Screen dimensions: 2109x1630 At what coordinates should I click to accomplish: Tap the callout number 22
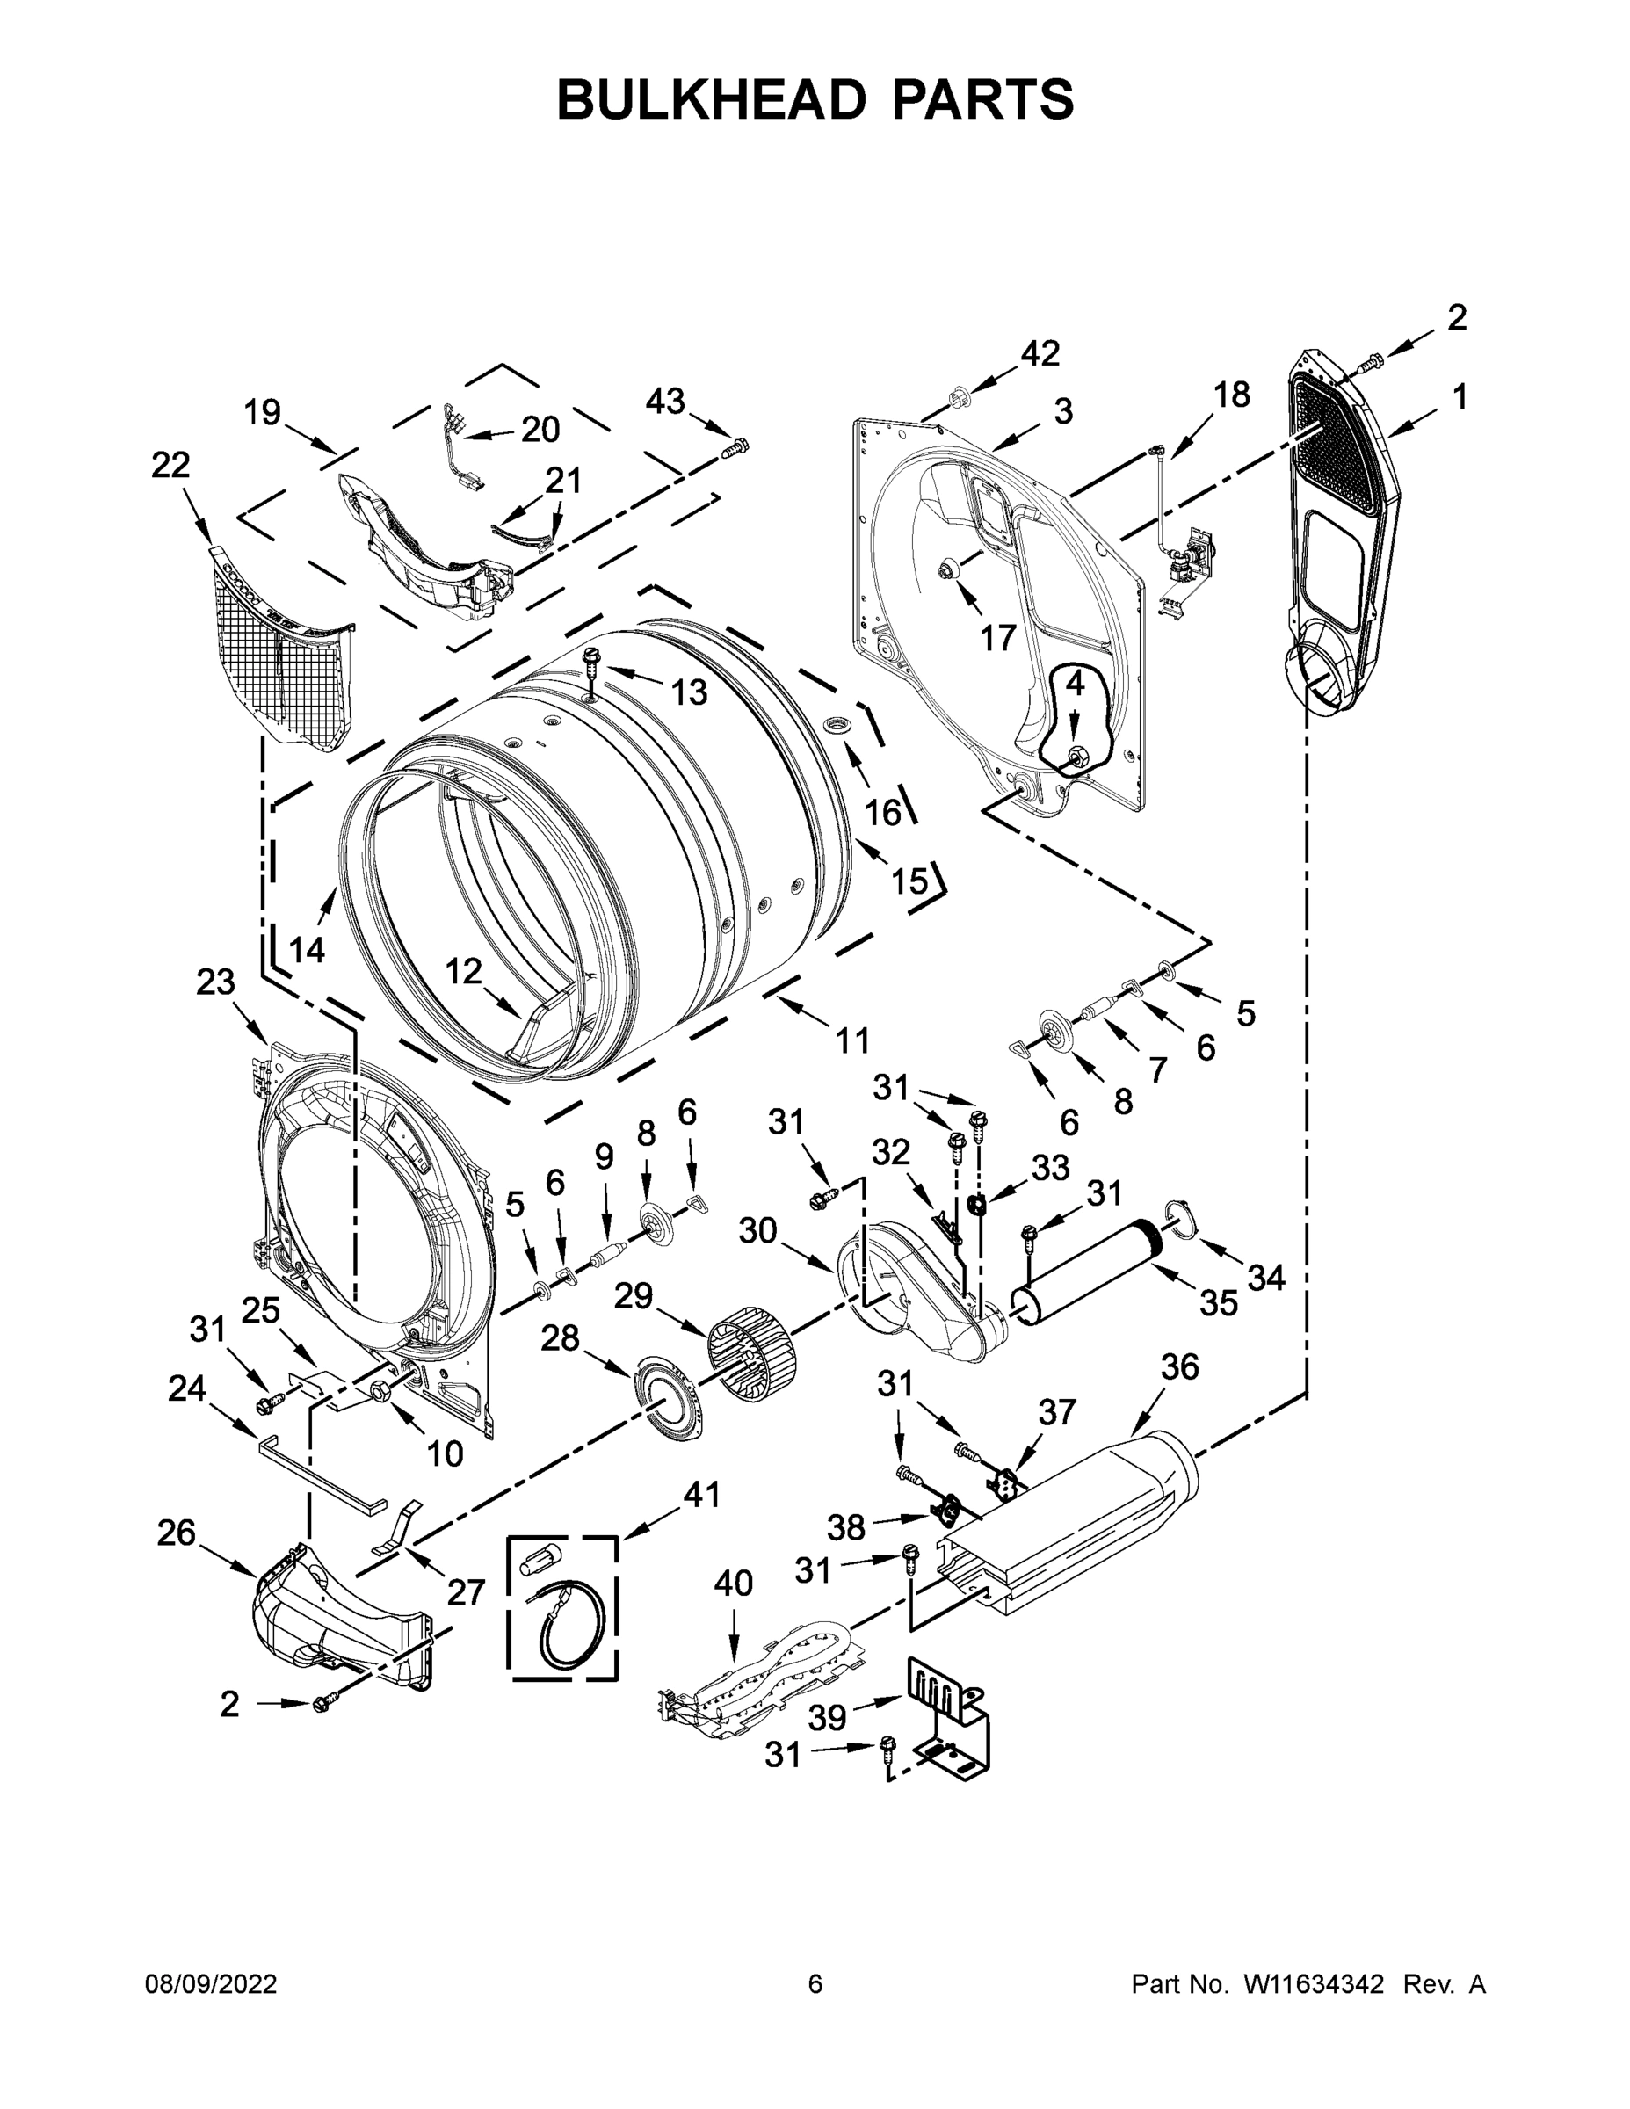[x=171, y=466]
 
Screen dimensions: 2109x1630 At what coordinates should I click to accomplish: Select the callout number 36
[x=1179, y=1366]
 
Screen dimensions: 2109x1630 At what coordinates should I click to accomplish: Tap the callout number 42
[x=1040, y=353]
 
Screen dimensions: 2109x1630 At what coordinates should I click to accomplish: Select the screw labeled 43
[x=735, y=447]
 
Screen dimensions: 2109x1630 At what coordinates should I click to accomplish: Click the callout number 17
[x=997, y=637]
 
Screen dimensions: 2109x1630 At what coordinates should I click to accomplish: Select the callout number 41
[x=701, y=1495]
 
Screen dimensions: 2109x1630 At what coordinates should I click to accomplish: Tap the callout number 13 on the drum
[x=689, y=692]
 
